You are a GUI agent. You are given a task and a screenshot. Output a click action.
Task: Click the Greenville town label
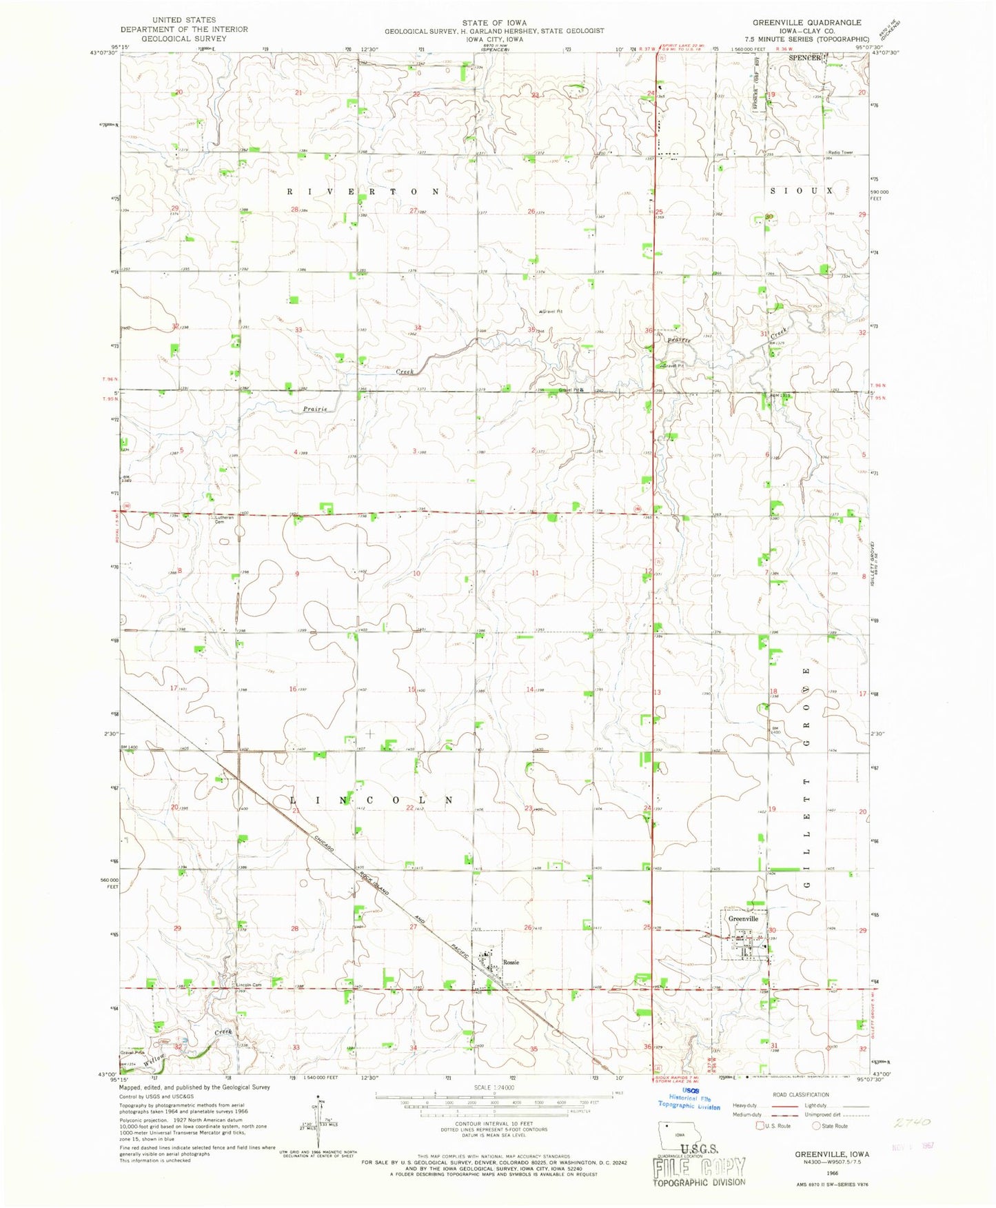tap(743, 918)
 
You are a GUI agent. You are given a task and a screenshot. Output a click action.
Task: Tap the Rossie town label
tap(510, 962)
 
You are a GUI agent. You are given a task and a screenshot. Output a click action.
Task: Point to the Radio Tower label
tap(840, 152)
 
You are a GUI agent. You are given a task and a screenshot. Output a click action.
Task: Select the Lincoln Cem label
tap(247, 985)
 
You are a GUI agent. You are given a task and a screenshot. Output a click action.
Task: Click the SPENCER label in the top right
tap(805, 58)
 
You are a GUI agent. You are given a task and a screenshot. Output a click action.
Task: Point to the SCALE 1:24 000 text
tap(494, 1087)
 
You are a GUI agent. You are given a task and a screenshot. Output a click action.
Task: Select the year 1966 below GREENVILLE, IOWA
tap(831, 1171)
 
